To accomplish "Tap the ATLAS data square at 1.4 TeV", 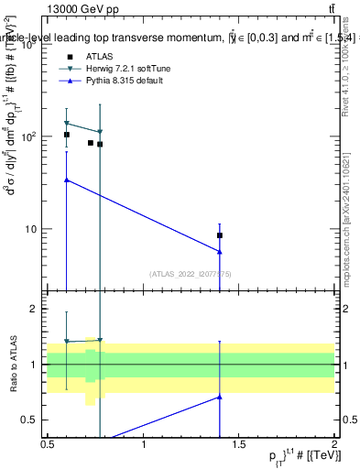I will pos(220,235).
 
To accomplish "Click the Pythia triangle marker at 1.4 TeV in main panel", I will pos(220,252).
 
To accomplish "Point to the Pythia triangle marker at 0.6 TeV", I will pos(66,180).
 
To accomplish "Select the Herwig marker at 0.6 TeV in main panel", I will pos(66,123).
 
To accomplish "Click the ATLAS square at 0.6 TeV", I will pos(66,135).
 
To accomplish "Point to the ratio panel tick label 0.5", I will pos(35,420).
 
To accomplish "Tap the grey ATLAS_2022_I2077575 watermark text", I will pos(191,274).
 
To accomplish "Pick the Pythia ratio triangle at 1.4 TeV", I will pos(220,397).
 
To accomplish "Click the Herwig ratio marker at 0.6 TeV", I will pos(66,342).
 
